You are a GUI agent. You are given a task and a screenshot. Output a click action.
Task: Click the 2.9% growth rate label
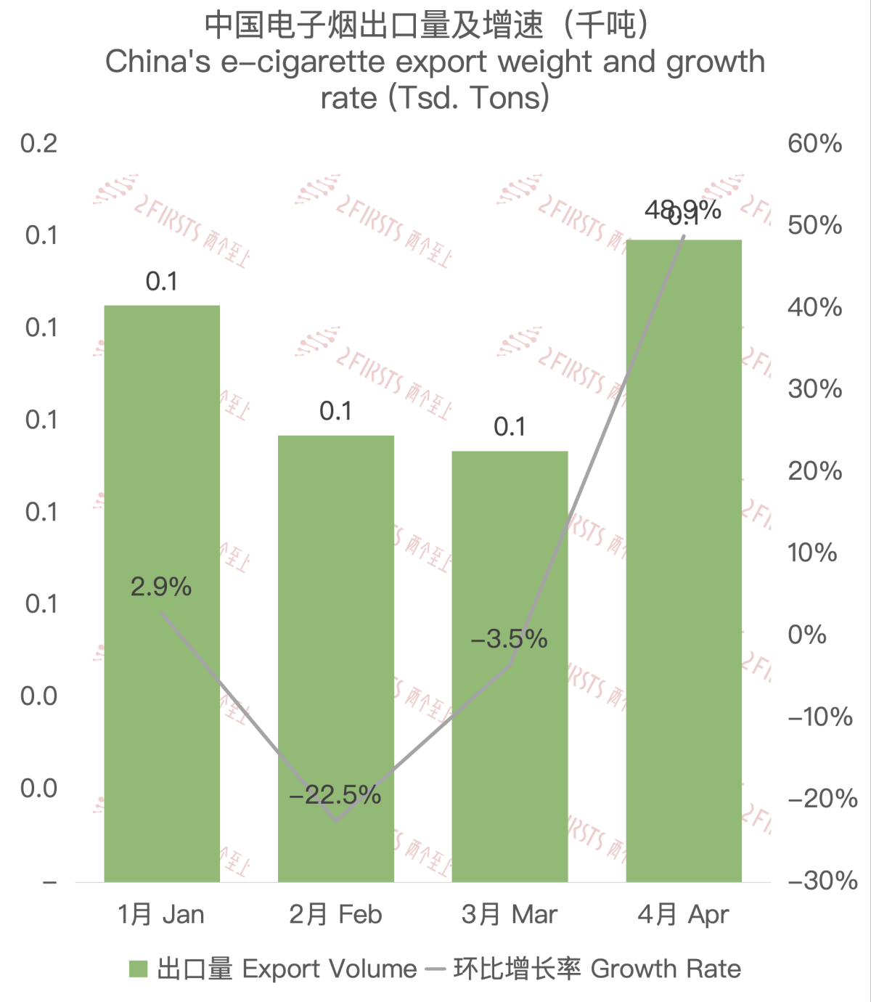click(161, 587)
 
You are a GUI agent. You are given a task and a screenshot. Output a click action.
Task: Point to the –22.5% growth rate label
click(335, 795)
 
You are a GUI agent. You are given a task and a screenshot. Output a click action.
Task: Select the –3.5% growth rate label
click(510, 639)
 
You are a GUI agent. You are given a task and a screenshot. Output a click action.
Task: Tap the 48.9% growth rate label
click(682, 210)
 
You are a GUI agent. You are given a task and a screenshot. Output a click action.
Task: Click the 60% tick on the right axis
click(814, 143)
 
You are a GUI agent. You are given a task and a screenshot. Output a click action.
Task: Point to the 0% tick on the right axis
click(807, 635)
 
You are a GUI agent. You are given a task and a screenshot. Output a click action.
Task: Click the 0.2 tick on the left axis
click(39, 143)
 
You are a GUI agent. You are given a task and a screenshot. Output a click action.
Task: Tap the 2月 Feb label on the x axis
click(335, 914)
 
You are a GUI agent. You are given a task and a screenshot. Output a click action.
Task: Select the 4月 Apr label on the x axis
click(683, 914)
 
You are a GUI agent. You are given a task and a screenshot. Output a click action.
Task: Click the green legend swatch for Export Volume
click(138, 969)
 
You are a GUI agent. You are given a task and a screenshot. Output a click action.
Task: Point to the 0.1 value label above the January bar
click(162, 281)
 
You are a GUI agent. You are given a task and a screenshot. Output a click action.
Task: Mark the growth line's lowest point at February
click(336, 820)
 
